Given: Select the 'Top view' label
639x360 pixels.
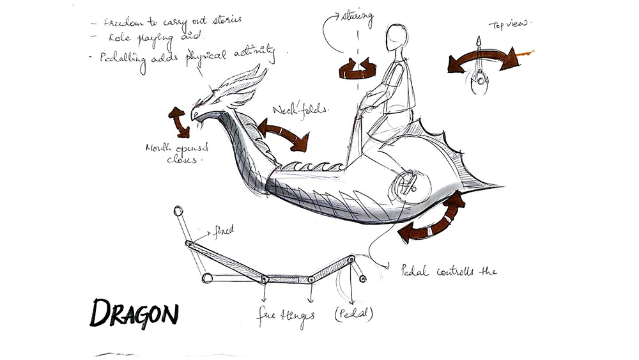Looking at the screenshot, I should point(510,25).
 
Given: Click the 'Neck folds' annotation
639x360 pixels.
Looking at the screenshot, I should point(299,109).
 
